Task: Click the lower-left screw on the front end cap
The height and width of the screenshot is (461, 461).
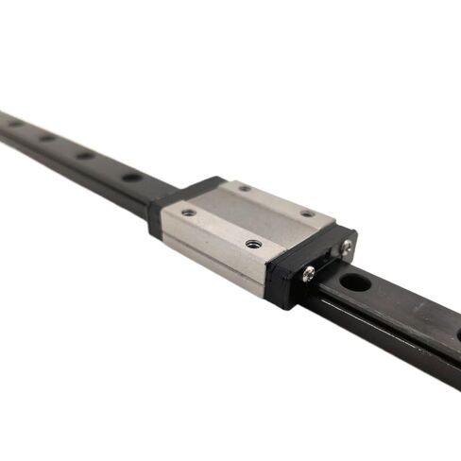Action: (x=308, y=274)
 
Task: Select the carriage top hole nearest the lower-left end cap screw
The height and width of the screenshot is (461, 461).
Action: (x=252, y=244)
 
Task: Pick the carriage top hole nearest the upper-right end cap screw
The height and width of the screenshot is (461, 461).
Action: (x=307, y=213)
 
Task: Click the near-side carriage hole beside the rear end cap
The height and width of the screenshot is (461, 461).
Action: (x=189, y=213)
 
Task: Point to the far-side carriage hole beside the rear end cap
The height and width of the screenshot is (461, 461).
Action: (x=244, y=188)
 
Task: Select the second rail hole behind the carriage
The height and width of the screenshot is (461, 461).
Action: (x=86, y=155)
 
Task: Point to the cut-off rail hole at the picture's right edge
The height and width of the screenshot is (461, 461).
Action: (x=457, y=333)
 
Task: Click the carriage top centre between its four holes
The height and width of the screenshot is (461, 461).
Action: (x=248, y=215)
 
